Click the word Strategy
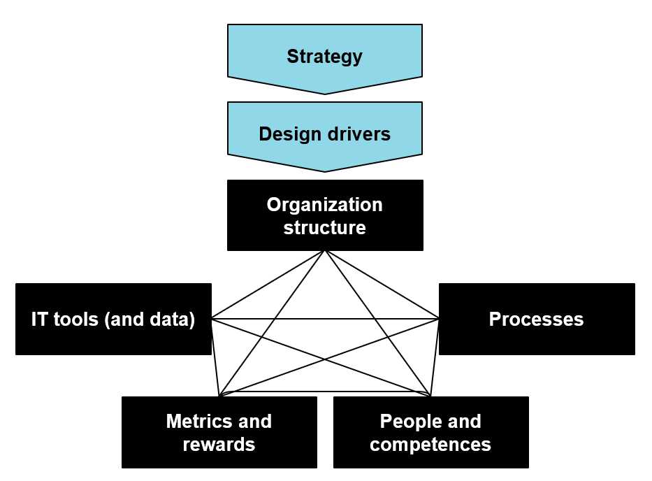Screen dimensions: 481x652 (324, 57)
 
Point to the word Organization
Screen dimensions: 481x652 (324, 205)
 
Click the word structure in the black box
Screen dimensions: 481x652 (324, 228)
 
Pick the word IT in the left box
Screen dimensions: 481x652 (39, 320)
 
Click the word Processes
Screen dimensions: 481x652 (536, 320)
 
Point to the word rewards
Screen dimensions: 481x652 (219, 445)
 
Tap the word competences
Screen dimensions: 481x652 (430, 445)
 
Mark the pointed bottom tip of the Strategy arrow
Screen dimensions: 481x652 (325, 94)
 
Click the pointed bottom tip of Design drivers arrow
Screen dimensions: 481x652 (325, 171)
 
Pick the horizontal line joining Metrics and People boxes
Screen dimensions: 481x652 (325, 392)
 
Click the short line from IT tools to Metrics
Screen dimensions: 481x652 (215, 357)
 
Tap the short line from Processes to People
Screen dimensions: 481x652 (435, 357)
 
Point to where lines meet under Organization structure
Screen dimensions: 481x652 (325, 250)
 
